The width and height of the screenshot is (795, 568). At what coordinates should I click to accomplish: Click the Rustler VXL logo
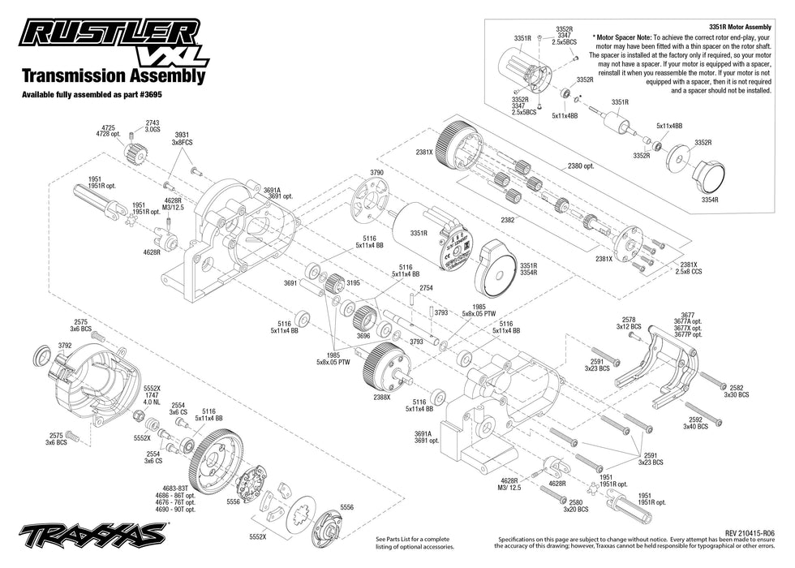[x=114, y=41]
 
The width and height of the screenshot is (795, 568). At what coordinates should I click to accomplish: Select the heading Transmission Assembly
[x=113, y=76]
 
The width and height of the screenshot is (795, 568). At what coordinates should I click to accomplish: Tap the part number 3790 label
[x=376, y=173]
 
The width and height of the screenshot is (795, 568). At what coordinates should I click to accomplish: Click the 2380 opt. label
[x=581, y=166]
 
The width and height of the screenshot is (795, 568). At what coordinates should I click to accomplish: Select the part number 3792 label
[x=65, y=345]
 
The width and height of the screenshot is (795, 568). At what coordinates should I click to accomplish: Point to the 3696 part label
[x=363, y=335]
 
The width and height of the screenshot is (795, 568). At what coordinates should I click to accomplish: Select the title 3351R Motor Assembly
[x=728, y=27]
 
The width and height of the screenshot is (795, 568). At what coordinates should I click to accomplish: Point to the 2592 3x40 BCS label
[x=695, y=423]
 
